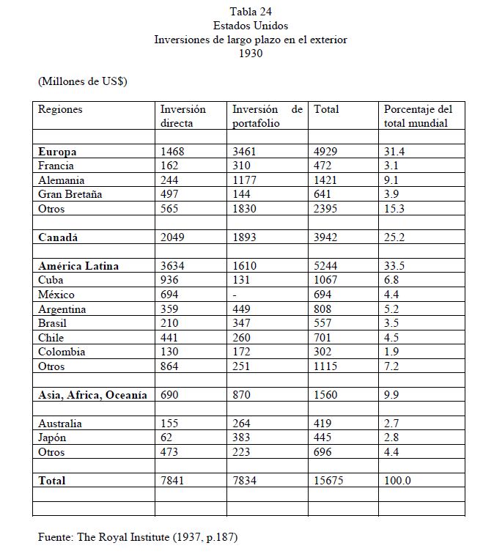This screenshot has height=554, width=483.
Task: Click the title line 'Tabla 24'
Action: tap(250, 11)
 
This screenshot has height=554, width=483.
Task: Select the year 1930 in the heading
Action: tap(251, 53)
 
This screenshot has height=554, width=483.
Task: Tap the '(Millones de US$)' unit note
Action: tap(83, 81)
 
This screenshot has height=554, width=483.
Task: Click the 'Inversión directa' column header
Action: tap(183, 116)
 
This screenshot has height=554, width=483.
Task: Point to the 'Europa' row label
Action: tap(57, 152)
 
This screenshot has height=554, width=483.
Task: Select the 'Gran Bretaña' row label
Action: tap(70, 194)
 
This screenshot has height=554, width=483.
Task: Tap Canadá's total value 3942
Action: tap(328, 237)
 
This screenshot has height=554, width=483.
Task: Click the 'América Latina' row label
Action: tap(78, 266)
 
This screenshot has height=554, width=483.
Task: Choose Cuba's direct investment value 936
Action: tap(171, 281)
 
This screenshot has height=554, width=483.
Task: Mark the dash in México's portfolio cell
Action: tap(235, 295)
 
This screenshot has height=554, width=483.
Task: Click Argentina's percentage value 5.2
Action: tap(394, 309)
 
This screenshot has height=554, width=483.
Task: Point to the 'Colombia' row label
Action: tap(62, 352)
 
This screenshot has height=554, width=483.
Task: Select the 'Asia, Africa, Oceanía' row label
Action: tap(92, 395)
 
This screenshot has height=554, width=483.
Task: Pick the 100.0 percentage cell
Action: tap(398, 481)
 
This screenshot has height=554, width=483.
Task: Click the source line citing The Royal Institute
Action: tap(138, 537)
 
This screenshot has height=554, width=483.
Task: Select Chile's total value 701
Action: tap(322, 338)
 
